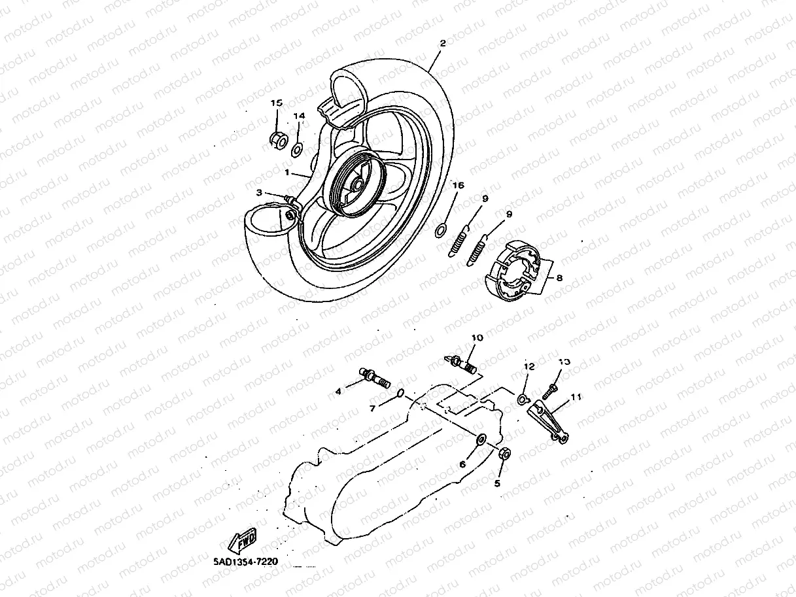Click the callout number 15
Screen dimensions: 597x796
point(276,103)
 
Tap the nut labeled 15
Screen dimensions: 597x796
point(277,139)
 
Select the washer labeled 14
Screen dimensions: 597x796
point(296,150)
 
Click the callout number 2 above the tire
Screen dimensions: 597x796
point(443,43)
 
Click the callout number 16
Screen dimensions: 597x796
point(458,186)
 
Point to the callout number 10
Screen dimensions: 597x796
point(476,338)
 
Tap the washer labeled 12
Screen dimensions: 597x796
point(523,398)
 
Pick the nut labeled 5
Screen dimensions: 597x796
point(504,453)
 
